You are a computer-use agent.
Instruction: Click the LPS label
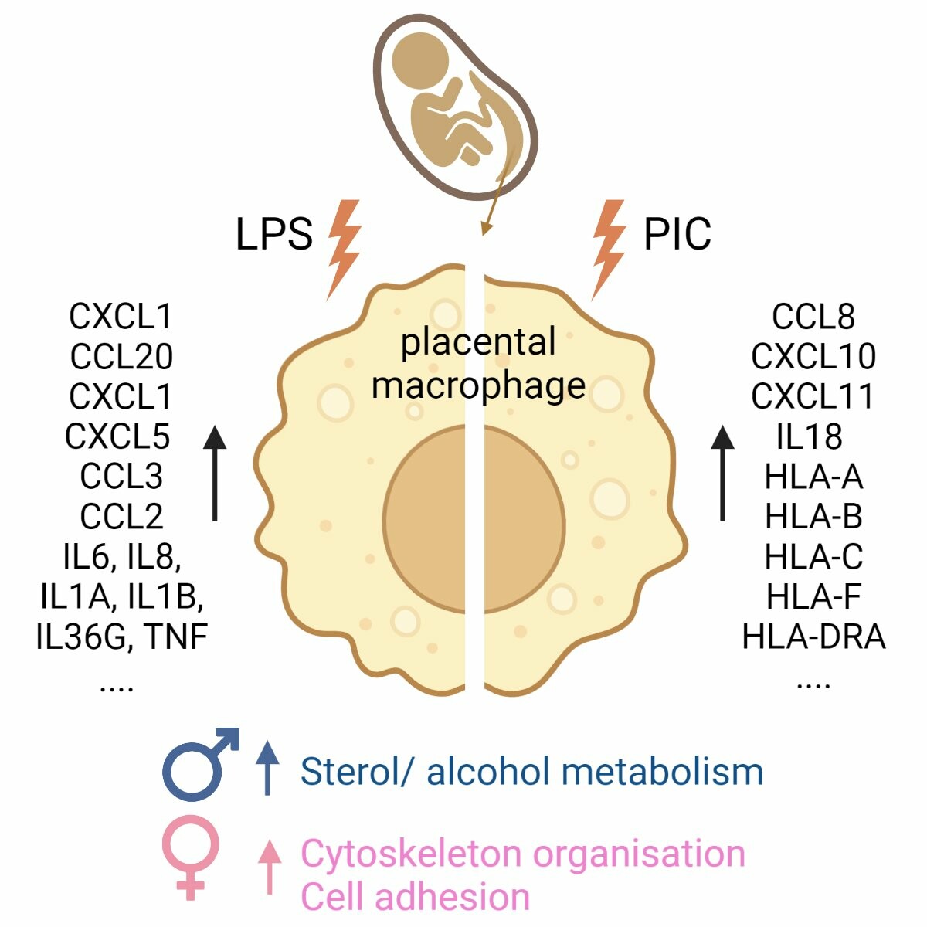(x=274, y=234)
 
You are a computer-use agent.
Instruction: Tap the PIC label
(x=677, y=234)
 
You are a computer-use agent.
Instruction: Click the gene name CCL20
(x=121, y=357)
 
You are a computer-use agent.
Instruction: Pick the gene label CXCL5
(x=117, y=436)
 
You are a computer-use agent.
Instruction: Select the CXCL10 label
(x=813, y=357)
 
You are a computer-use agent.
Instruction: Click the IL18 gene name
(x=810, y=436)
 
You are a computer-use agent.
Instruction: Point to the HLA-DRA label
(x=813, y=637)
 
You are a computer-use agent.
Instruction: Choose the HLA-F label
(x=813, y=597)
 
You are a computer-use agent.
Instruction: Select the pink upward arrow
(x=269, y=865)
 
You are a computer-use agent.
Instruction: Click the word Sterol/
(x=355, y=772)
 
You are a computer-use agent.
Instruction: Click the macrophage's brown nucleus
(x=474, y=518)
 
